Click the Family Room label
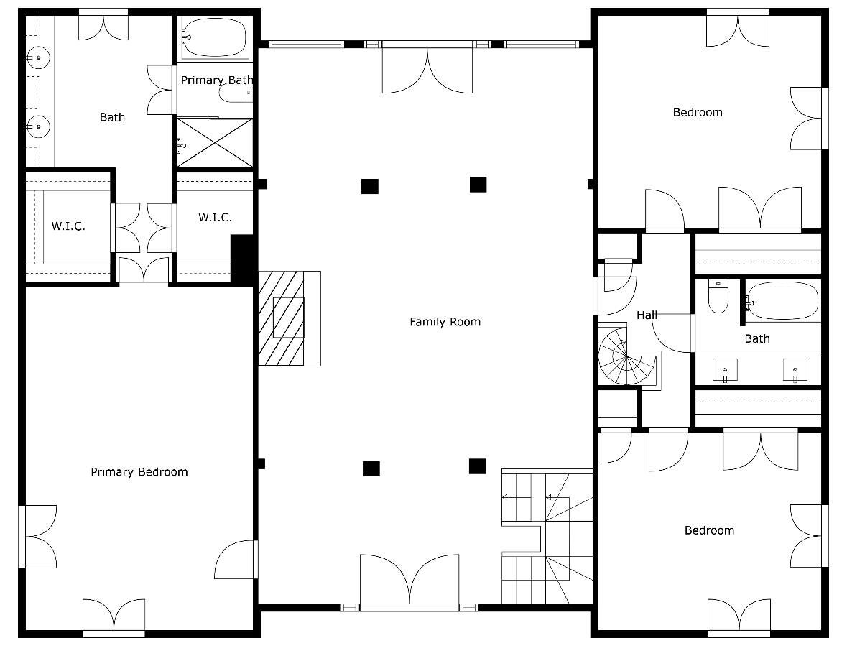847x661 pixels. (x=445, y=322)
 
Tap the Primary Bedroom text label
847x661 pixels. (x=139, y=472)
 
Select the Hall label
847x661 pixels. (x=647, y=315)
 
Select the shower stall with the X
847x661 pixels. (x=215, y=144)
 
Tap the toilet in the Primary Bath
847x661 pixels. (x=236, y=94)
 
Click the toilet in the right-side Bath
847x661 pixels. (x=718, y=297)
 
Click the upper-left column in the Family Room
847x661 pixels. (x=369, y=186)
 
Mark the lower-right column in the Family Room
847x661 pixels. (x=477, y=466)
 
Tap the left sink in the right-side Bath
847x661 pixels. (x=724, y=370)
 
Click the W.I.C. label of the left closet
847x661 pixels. (x=68, y=226)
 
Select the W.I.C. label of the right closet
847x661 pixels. (x=215, y=217)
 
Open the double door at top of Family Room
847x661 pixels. (x=427, y=68)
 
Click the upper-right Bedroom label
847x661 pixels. (x=698, y=112)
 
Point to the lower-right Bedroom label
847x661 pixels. (x=709, y=530)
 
